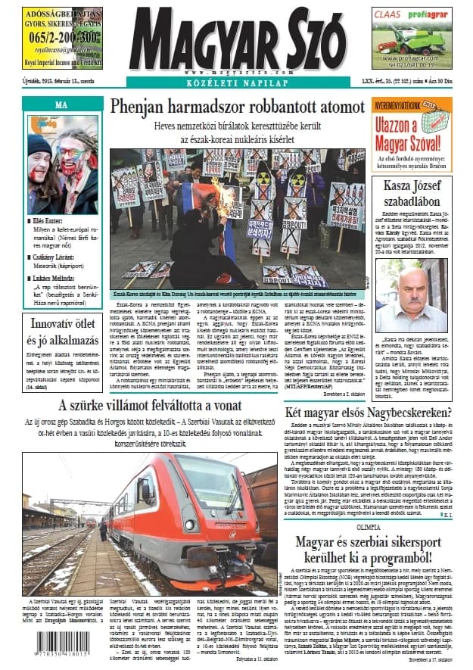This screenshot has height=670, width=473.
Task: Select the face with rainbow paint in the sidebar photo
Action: pos(69,150)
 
